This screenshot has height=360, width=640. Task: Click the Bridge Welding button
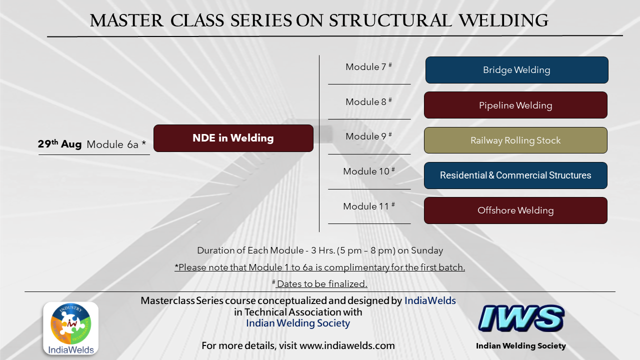516,70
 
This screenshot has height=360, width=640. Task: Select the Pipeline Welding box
515,105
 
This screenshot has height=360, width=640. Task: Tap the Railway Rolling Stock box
515,140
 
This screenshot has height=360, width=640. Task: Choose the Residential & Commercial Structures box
515,175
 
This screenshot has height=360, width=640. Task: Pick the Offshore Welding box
515,210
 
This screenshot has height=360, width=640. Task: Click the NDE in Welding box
233,138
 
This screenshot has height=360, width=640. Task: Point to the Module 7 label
368,67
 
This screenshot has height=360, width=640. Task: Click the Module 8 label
368,101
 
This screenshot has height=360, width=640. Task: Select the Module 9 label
368,136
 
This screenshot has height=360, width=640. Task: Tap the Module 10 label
369,171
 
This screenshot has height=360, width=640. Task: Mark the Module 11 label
369,206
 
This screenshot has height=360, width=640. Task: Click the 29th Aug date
59,143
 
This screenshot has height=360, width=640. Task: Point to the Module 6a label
116,144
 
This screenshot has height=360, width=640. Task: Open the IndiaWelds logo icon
71,328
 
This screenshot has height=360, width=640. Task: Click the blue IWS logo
521,318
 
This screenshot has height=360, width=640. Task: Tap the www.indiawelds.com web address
347,345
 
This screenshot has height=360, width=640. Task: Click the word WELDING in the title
503,20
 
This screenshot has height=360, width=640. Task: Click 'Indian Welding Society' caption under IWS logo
521,345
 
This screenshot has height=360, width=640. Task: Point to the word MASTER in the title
127,20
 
